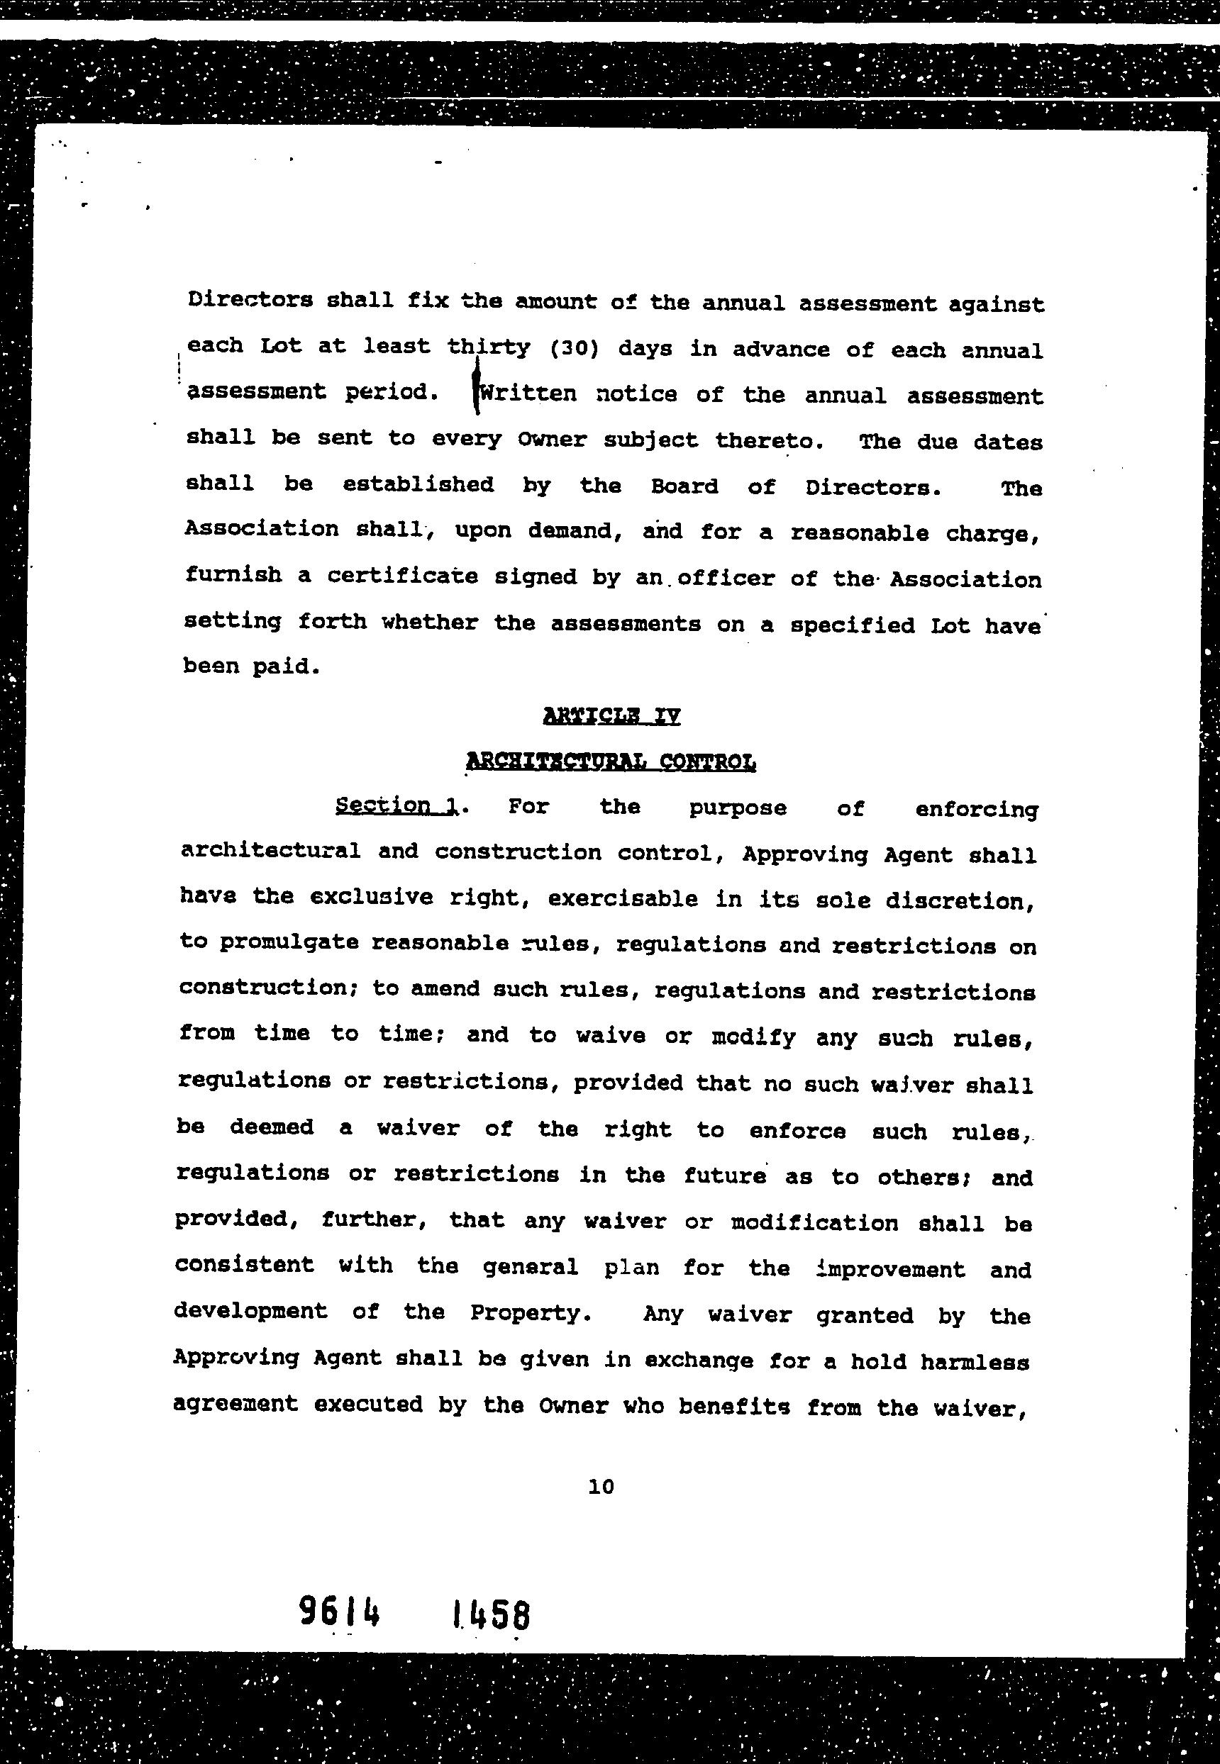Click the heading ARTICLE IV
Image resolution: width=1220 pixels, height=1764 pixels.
[x=611, y=716]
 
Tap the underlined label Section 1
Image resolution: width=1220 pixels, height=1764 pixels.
[x=397, y=805]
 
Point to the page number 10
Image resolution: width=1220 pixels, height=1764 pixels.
[x=601, y=1486]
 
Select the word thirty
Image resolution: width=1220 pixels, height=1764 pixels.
[x=489, y=347]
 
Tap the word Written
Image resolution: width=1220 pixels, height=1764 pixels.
[x=527, y=393]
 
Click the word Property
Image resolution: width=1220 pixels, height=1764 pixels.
[x=530, y=1313]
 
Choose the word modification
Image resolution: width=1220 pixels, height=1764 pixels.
[x=815, y=1223]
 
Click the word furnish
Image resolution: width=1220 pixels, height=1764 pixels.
[x=233, y=574]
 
